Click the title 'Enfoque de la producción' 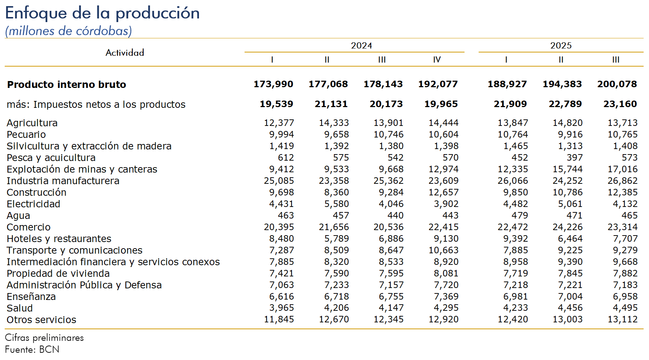pos(102,13)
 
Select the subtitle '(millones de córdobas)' pos(68,31)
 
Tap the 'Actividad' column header pos(125,53)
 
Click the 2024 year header pos(361,46)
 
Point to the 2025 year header pos(561,46)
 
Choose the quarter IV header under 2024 pos(437,60)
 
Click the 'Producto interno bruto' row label pos(67,85)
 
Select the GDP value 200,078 pos(617,84)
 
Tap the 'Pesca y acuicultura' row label pos(51,158)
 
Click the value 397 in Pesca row pos(574,158)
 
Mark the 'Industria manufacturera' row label pos(63,181)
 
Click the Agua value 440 pos(395,216)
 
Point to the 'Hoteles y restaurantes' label pos(59,239)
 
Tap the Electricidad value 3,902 pos(446,204)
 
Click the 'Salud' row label pos(20,308)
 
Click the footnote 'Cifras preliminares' pos(44,338)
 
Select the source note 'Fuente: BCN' pos(32,350)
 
